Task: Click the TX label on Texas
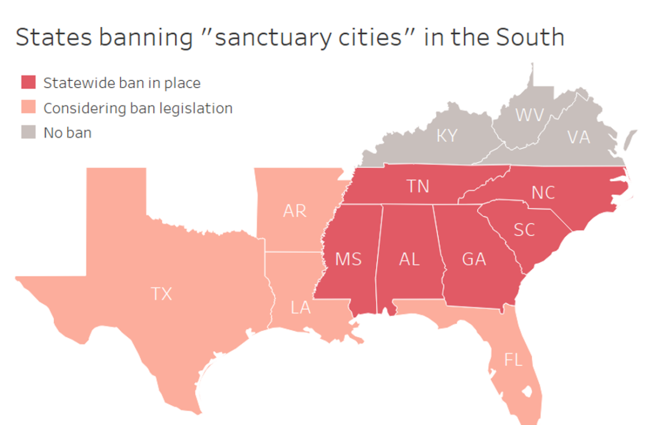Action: click(x=162, y=294)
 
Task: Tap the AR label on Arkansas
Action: click(x=295, y=211)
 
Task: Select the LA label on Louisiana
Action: click(x=301, y=308)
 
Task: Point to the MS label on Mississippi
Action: click(x=348, y=259)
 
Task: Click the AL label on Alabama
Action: click(x=410, y=259)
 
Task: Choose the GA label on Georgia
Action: click(x=474, y=259)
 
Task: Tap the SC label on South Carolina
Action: click(x=524, y=230)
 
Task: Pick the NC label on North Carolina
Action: click(x=543, y=192)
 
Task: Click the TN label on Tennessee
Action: click(x=418, y=186)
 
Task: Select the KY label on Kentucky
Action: click(x=447, y=136)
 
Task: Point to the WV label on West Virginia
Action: click(x=530, y=115)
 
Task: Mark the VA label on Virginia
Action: click(x=579, y=137)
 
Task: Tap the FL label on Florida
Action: click(x=513, y=360)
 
